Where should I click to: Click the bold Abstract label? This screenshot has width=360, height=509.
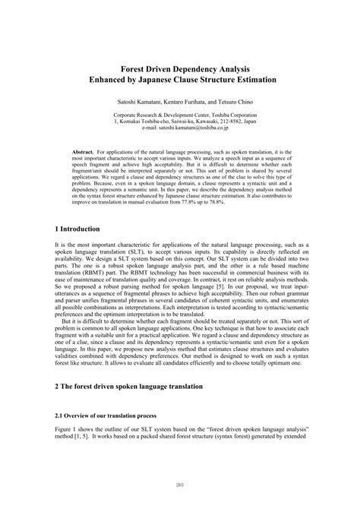[84, 152]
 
